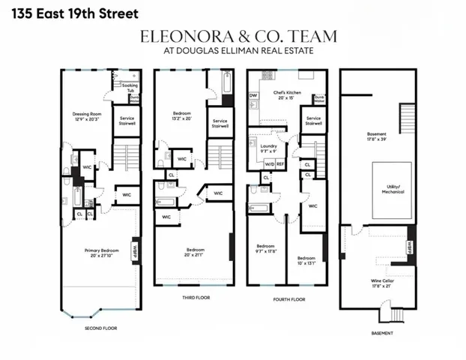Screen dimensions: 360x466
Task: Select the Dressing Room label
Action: point(86,116)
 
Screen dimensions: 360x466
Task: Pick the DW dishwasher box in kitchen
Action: point(253,96)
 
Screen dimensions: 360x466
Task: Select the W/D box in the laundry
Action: point(269,163)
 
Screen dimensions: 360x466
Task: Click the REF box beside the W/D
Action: point(280,163)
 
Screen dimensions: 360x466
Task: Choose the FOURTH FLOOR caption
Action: point(288,297)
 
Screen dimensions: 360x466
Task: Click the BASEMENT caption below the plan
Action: point(382,332)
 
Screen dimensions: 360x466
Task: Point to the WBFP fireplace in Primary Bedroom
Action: point(136,250)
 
